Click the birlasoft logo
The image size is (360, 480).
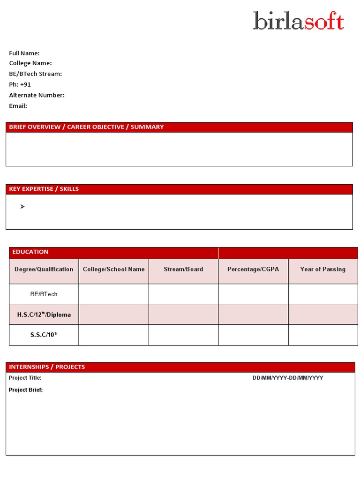tap(299, 21)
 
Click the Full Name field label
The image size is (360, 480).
tap(24, 53)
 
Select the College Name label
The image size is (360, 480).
tap(30, 63)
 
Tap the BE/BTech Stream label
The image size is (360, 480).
tap(36, 74)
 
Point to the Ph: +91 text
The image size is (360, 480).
tap(20, 84)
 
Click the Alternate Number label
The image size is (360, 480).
tap(37, 95)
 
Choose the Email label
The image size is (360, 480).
tap(18, 106)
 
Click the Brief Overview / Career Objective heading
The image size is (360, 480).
tap(87, 127)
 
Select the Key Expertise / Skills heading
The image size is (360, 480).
tap(44, 189)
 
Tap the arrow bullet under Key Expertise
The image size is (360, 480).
tap(22, 207)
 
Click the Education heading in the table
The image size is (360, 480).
tap(30, 252)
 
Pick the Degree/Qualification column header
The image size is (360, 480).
tap(44, 270)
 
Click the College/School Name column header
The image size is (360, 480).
tap(114, 270)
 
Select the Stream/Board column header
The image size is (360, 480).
tap(183, 270)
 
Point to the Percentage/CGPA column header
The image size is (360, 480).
tap(253, 270)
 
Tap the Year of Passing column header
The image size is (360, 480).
tap(322, 270)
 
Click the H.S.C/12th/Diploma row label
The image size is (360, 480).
tap(44, 315)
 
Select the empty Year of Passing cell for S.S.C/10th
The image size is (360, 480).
tap(322, 335)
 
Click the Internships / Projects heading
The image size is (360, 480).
tap(47, 367)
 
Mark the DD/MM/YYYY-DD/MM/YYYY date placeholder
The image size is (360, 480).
tap(288, 378)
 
